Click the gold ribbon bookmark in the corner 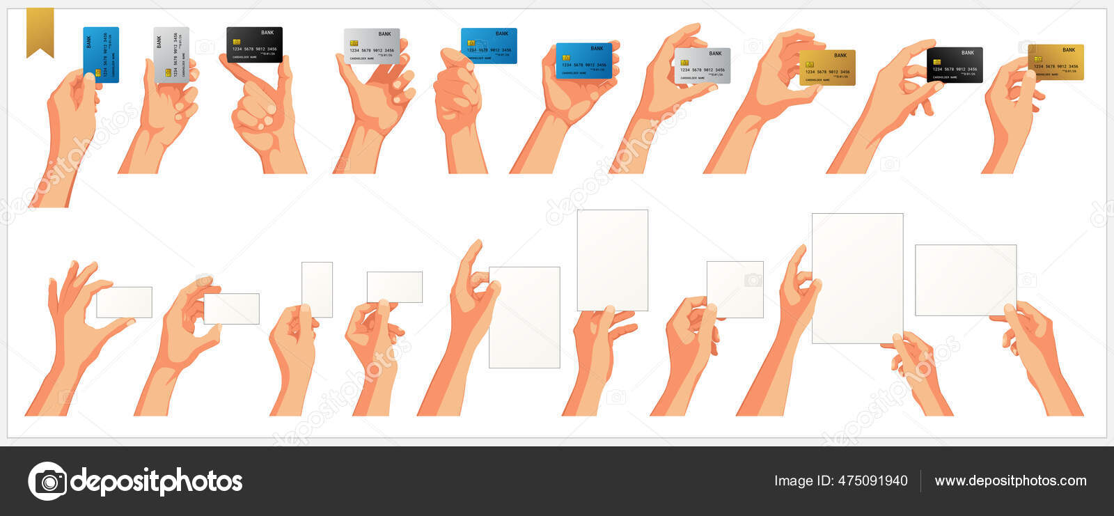tap(40, 31)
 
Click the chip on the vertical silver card tap(168, 72)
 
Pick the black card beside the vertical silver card tap(254, 45)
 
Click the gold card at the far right tap(1056, 61)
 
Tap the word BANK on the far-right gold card tap(1069, 50)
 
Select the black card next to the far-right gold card tap(955, 65)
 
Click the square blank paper tap(735, 289)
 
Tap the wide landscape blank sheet tap(965, 280)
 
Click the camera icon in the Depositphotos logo tap(47, 481)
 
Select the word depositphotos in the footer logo tap(157, 481)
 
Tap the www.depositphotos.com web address tap(1010, 480)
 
